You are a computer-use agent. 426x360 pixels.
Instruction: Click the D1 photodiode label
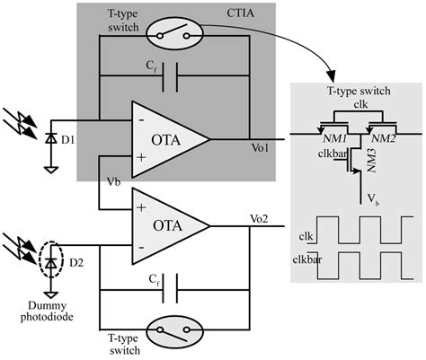pos(65,142)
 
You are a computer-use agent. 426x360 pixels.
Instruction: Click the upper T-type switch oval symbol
pos(171,35)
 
